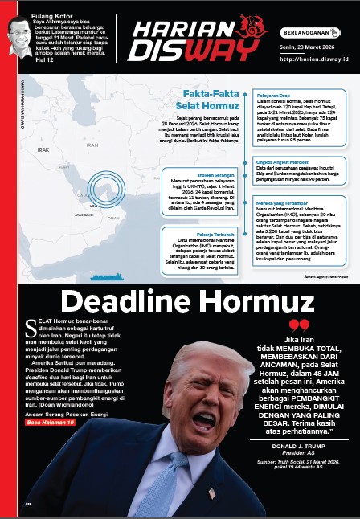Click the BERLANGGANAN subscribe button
pyautogui.click(x=309, y=33)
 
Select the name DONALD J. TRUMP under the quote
pyautogui.click(x=297, y=443)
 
